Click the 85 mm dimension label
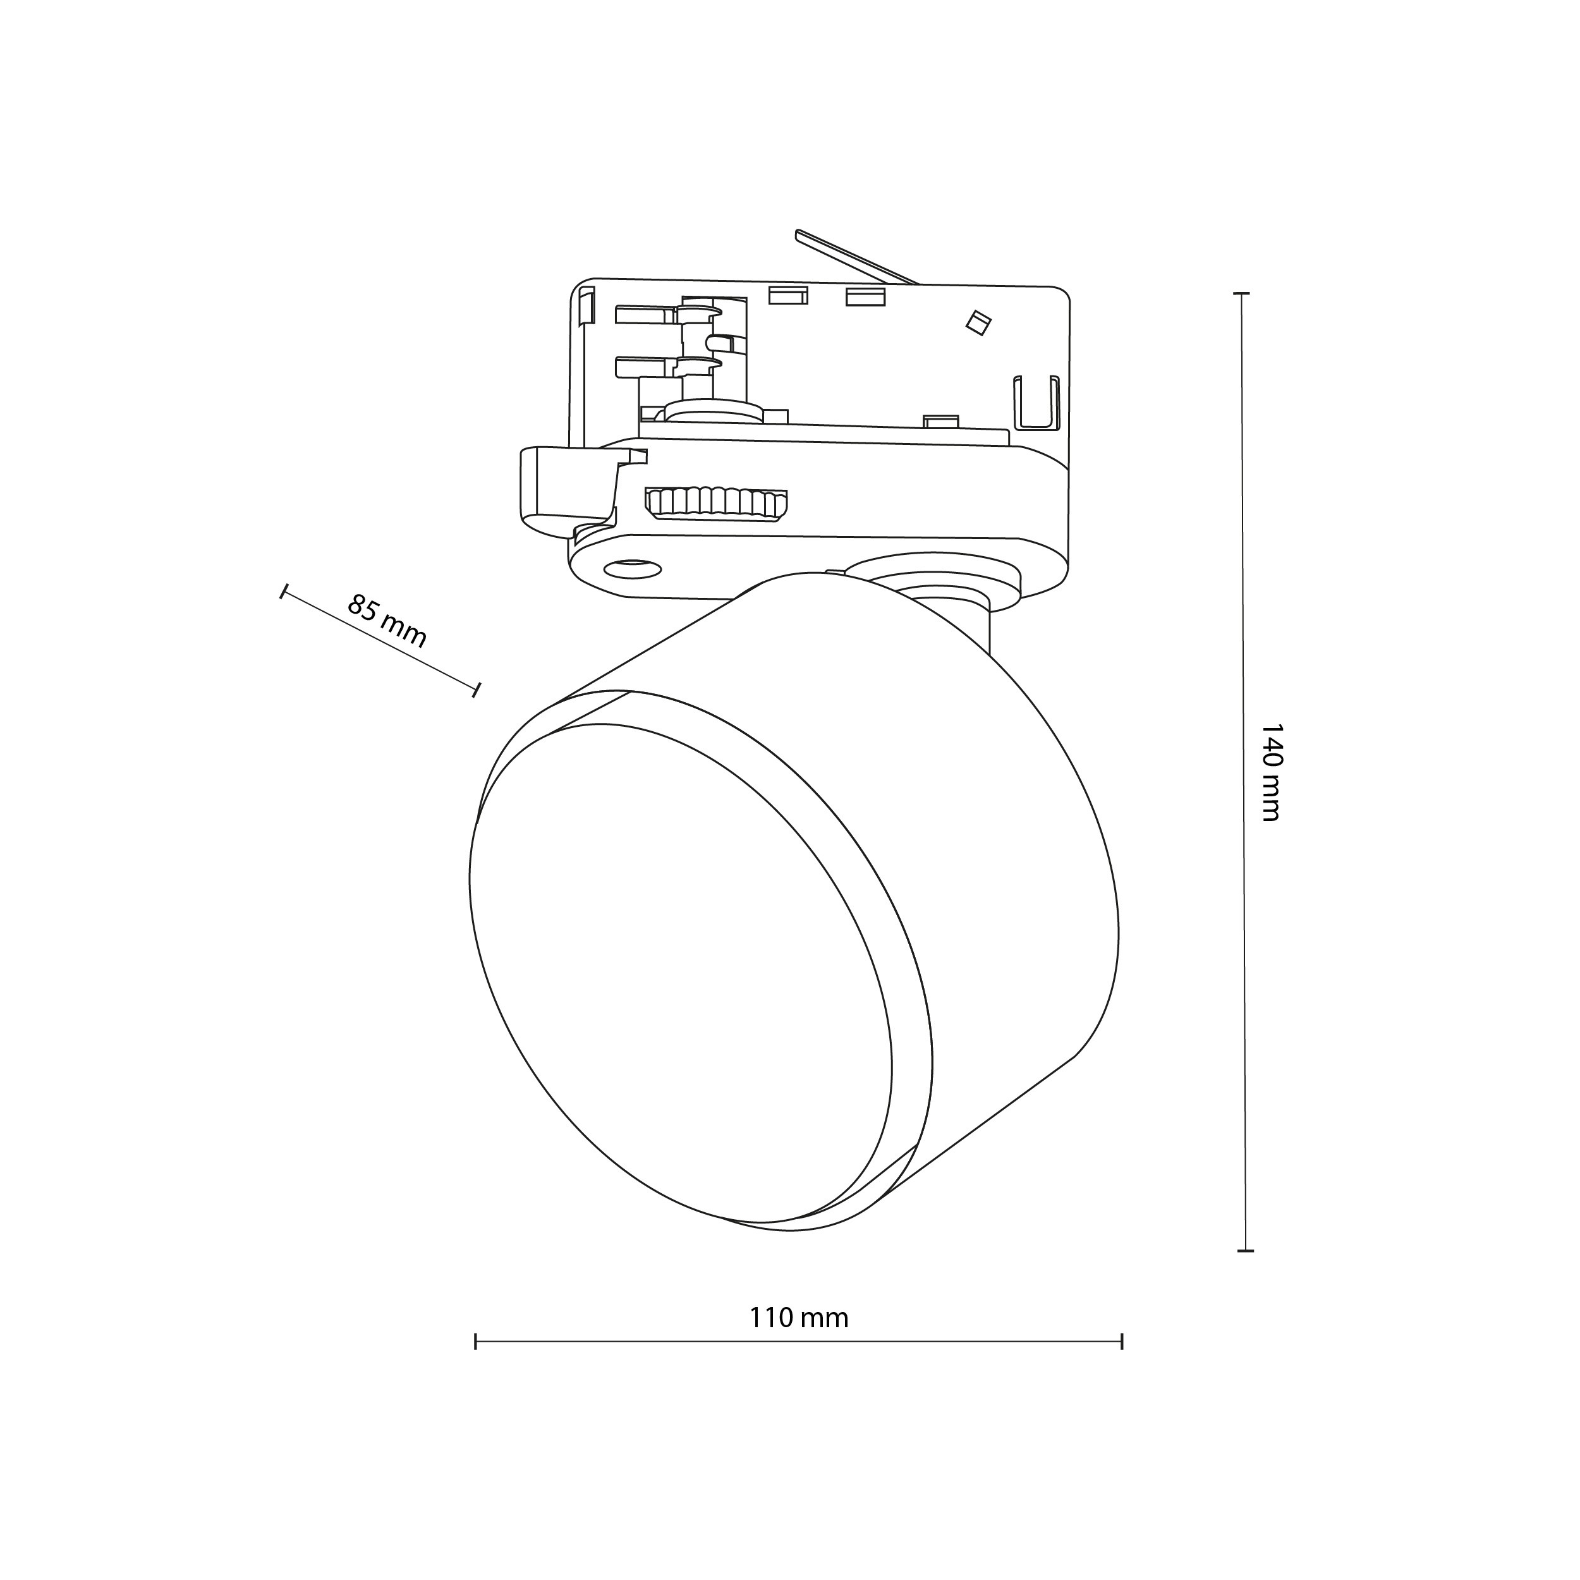387,621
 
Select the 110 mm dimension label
799,1318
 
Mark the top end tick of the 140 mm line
1243,293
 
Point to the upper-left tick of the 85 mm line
284,592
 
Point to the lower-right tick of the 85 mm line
476,689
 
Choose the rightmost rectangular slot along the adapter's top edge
865,296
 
